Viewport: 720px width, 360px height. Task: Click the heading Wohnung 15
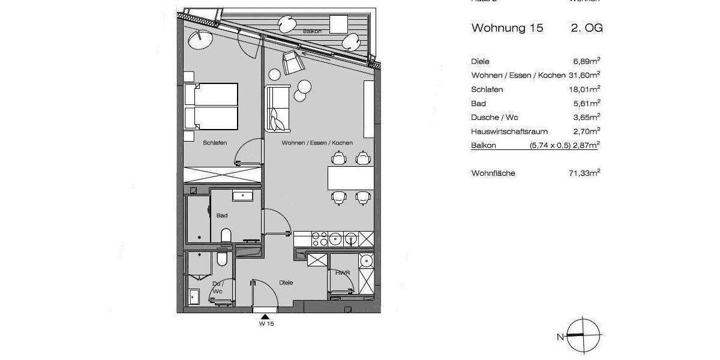coord(507,28)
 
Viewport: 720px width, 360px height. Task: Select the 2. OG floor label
coord(587,28)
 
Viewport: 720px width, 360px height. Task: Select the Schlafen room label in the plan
coord(214,143)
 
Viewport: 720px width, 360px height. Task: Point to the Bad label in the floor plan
coord(222,215)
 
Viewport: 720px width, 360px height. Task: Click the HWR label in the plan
coord(343,273)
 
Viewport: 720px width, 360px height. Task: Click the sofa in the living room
coord(277,109)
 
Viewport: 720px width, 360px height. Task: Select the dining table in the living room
coord(350,178)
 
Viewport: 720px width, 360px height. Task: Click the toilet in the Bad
coord(226,235)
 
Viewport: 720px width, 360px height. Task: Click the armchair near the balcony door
coord(292,62)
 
